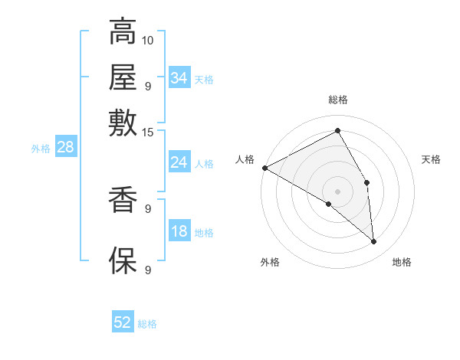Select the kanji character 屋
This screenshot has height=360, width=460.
(123, 78)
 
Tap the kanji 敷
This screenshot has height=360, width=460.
(123, 123)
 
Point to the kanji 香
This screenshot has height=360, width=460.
(123, 201)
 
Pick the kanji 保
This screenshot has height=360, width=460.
(123, 260)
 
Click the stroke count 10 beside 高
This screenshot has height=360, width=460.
(148, 40)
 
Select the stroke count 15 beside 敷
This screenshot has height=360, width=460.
(148, 132)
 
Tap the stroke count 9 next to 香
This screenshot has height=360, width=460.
(148, 208)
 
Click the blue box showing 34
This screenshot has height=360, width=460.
(179, 77)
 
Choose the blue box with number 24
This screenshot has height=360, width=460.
(179, 162)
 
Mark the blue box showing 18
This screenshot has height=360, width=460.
(179, 231)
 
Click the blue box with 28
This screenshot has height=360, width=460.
(65, 148)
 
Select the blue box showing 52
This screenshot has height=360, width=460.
(123, 322)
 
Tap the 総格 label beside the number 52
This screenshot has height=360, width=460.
(147, 324)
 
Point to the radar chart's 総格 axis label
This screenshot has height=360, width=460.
(338, 100)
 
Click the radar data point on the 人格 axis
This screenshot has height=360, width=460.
(264, 168)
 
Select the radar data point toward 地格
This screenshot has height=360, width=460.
(373, 242)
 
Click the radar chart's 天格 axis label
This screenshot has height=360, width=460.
(431, 160)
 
